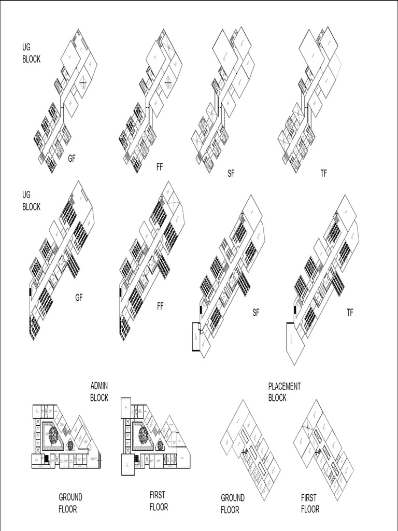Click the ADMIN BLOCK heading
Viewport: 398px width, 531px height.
[x=99, y=392]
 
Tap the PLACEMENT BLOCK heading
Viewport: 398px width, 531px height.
[x=284, y=392]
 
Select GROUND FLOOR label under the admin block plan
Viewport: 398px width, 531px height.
[x=70, y=503]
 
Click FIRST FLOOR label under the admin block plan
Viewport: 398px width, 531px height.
[x=159, y=501]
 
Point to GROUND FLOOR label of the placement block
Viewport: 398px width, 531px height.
[x=233, y=504]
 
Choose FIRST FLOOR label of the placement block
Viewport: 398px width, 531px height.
[x=310, y=503]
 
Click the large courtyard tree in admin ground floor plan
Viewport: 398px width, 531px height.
[x=53, y=435]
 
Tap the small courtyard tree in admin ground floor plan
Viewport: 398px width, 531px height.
[x=70, y=445]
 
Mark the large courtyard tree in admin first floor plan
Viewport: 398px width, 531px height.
[x=143, y=435]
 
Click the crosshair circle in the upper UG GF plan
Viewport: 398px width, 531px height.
[x=82, y=81]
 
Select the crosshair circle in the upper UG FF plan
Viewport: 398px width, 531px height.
[x=168, y=81]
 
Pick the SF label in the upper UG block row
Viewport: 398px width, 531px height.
[x=231, y=174]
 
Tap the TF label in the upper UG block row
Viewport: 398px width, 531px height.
[x=323, y=174]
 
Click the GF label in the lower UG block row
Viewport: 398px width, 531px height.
[x=79, y=298]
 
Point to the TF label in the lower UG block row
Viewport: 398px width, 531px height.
[x=350, y=313]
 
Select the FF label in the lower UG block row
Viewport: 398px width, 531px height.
[x=160, y=306]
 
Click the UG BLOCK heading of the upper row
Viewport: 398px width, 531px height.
[x=31, y=53]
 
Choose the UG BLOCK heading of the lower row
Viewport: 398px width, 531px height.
[x=31, y=201]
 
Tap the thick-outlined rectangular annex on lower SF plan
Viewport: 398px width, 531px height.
[x=196, y=337]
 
